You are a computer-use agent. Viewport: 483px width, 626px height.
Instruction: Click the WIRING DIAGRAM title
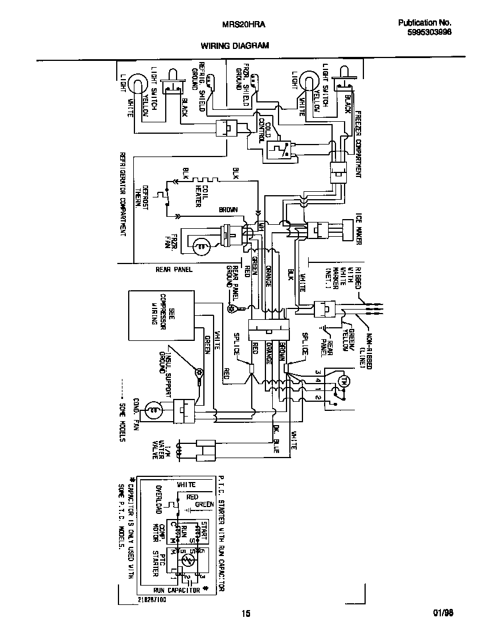point(234,45)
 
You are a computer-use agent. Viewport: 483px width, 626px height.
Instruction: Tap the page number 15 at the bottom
point(245,613)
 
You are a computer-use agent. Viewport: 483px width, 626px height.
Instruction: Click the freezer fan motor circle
point(200,246)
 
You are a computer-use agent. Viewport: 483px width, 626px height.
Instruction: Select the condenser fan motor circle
point(153,408)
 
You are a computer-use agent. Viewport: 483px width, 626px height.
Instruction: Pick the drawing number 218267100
point(153,599)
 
